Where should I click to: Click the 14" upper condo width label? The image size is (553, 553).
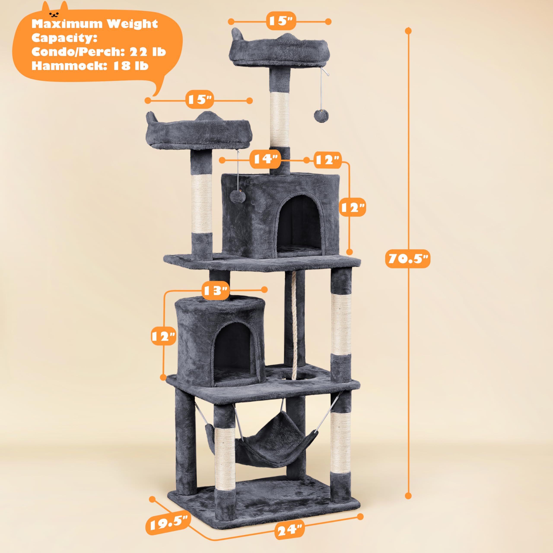265,159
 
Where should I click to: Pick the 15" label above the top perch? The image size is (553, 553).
281,21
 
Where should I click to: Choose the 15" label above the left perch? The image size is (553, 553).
200,100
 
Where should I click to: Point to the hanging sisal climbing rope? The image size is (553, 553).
294,323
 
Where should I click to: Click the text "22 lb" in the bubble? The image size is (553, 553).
148,52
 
